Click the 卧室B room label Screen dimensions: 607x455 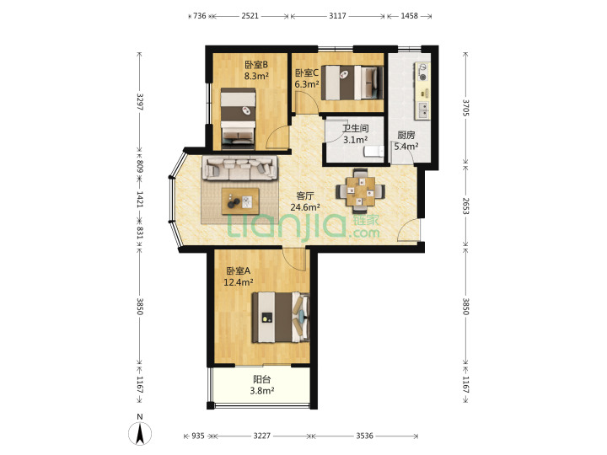tap(256, 64)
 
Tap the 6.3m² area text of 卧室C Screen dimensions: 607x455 tap(307, 84)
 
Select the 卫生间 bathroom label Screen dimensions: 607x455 tap(356, 128)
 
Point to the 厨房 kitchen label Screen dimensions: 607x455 tap(406, 135)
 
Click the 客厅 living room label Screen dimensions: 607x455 tap(304, 195)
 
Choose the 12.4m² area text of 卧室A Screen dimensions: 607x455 tap(239, 282)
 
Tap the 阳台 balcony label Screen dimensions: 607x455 tap(262, 379)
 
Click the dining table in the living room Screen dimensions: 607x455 tap(361, 191)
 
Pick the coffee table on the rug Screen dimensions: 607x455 tap(240, 201)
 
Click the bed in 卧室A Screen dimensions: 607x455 tap(280, 318)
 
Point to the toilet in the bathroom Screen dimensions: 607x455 tap(373, 152)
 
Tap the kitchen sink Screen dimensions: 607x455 tap(422, 110)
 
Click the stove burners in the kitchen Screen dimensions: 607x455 tap(422, 72)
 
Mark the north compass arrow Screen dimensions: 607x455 tap(140, 434)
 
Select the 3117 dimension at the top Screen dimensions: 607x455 tap(337, 16)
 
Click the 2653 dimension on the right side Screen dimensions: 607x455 tap(465, 206)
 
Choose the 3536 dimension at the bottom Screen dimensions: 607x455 tap(365, 436)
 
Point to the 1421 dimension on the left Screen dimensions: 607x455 tap(140, 199)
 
